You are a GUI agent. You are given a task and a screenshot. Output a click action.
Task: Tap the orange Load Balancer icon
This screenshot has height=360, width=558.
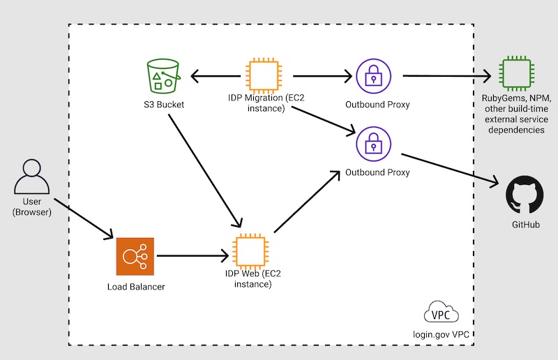(135, 257)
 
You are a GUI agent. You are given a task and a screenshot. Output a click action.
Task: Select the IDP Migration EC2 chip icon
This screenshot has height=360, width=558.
(264, 75)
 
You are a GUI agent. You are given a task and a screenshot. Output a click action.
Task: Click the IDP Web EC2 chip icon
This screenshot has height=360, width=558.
(252, 250)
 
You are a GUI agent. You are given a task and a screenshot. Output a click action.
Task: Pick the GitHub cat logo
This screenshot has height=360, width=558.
(524, 194)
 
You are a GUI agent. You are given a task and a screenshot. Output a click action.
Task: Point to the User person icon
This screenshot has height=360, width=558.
(33, 178)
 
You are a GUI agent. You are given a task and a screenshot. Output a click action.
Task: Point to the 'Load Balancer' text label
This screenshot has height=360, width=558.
(135, 287)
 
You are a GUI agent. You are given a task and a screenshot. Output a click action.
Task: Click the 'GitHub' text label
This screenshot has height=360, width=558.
(524, 225)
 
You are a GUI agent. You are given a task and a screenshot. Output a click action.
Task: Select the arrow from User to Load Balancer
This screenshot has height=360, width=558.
(82, 220)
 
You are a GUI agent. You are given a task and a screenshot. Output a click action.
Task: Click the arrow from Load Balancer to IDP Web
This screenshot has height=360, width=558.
(192, 256)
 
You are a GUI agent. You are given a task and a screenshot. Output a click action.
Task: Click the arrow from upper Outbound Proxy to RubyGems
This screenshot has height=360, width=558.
(446, 75)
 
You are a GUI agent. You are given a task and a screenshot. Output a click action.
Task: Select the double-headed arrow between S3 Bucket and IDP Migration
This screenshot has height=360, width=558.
(216, 75)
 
